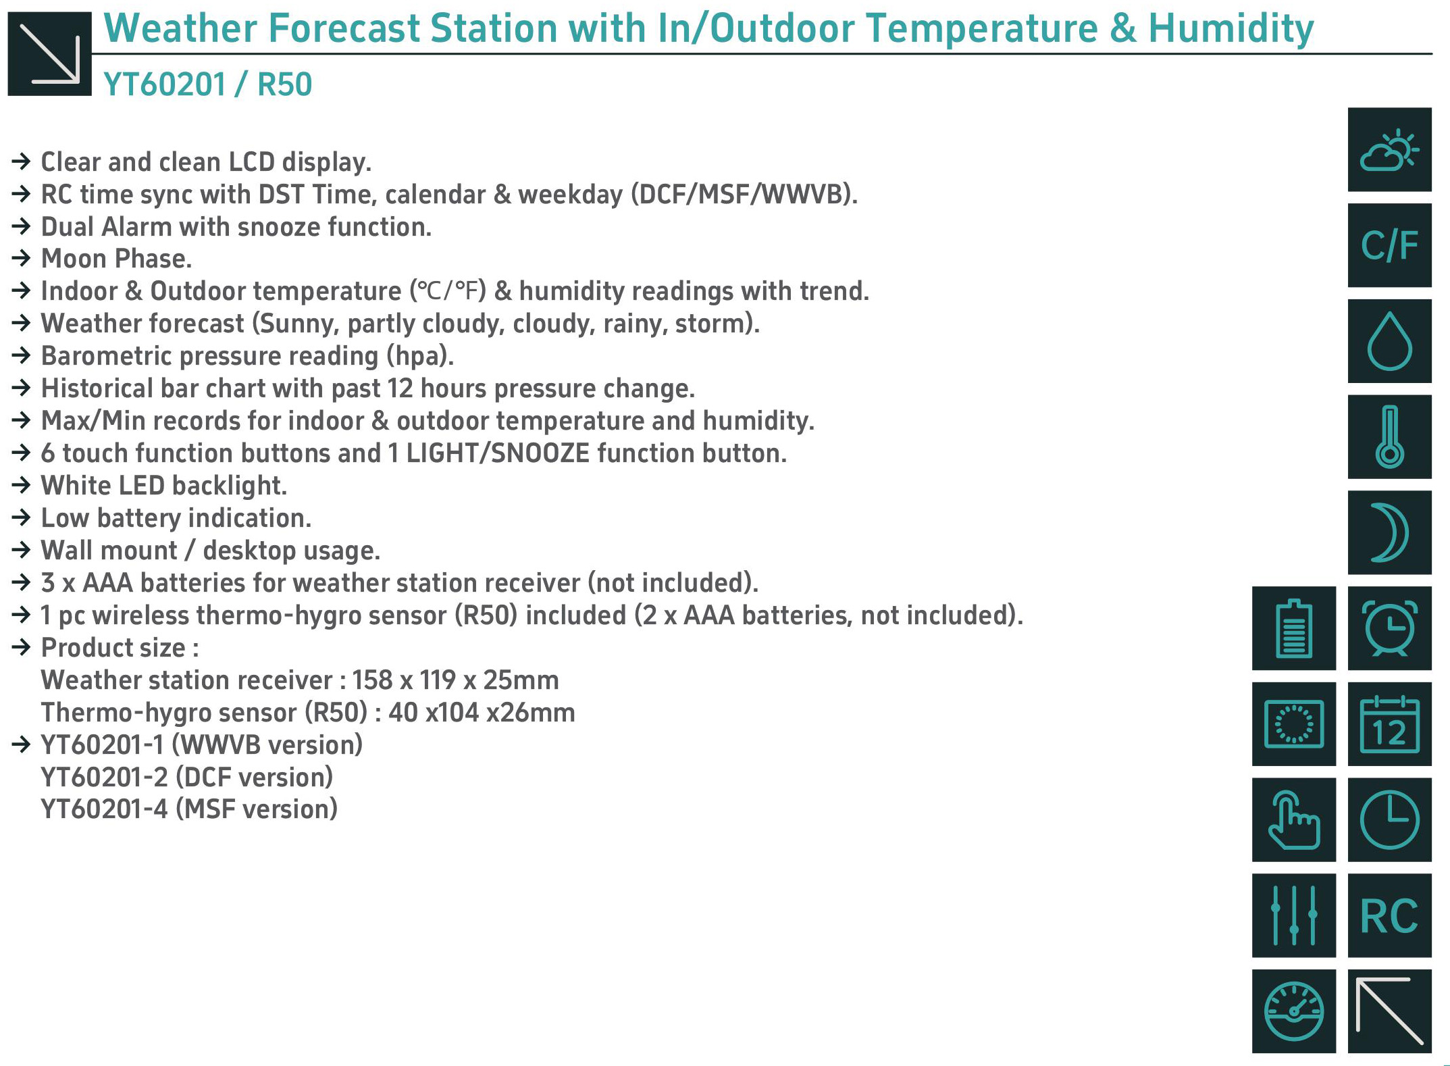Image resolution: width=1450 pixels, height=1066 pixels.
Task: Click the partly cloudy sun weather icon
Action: (1389, 149)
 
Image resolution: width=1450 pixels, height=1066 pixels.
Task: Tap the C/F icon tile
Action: (1389, 245)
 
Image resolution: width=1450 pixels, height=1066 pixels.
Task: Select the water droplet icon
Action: (1389, 341)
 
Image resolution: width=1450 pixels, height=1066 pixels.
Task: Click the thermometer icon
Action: (1389, 436)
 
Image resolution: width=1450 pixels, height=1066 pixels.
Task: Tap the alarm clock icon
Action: (1389, 628)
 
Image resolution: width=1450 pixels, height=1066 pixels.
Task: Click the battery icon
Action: (1294, 628)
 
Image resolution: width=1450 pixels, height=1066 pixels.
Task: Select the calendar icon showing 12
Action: (1389, 724)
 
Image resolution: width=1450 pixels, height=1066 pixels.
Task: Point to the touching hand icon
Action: (1294, 820)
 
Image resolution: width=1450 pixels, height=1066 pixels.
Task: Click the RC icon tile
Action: (1389, 915)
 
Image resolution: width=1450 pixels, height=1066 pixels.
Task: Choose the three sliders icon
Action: (1294, 915)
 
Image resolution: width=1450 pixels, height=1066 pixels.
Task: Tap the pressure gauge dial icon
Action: (1294, 1011)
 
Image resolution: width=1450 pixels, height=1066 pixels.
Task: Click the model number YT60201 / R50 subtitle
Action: (207, 84)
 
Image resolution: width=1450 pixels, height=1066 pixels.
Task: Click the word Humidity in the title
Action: (1231, 28)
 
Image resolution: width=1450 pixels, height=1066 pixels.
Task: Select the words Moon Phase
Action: (116, 259)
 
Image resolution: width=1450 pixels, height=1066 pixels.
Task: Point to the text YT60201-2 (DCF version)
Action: (187, 778)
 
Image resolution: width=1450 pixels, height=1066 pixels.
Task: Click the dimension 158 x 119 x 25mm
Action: (455, 680)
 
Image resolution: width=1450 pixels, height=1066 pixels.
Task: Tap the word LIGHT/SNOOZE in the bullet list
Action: (498, 453)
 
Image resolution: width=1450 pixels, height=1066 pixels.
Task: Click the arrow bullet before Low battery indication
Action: (22, 518)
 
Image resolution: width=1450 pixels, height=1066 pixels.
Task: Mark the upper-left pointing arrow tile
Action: (1389, 1011)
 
